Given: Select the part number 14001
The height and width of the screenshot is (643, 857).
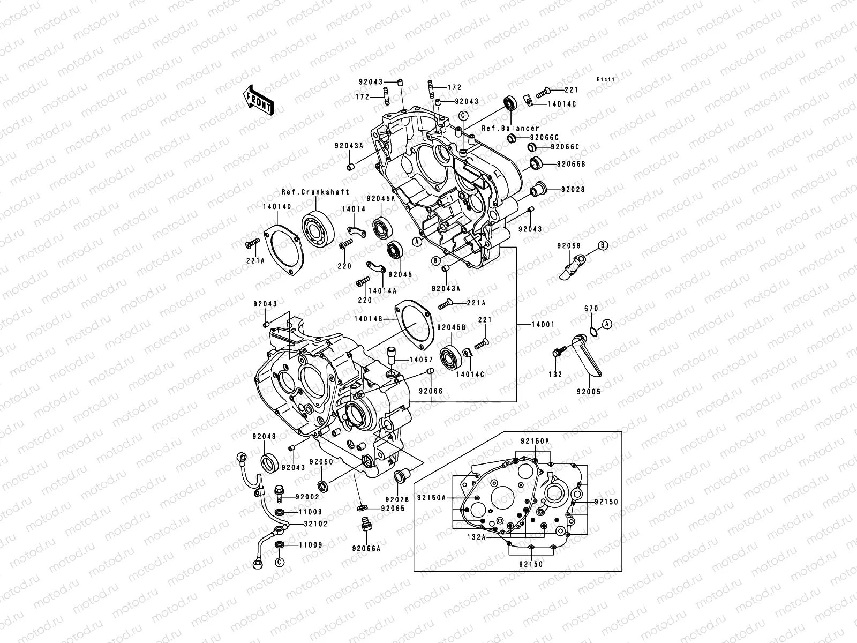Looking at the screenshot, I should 543,325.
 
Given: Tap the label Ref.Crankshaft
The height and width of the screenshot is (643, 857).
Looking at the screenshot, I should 315,192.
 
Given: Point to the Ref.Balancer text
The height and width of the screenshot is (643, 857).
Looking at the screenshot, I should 510,129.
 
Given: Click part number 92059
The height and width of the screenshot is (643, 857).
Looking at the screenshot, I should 568,245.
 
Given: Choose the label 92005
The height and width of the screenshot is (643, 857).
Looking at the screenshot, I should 588,392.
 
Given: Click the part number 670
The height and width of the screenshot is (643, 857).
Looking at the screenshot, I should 591,309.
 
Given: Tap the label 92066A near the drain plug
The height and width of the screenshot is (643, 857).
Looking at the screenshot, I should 366,548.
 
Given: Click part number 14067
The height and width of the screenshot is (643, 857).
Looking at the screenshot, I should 421,360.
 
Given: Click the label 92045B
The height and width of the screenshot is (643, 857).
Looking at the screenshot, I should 451,327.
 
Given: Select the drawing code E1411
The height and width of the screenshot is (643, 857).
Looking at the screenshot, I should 606,80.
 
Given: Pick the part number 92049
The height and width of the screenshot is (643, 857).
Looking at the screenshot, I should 265,436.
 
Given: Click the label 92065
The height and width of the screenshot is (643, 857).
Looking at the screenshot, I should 393,508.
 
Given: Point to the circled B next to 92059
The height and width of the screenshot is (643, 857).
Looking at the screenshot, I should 603,245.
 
